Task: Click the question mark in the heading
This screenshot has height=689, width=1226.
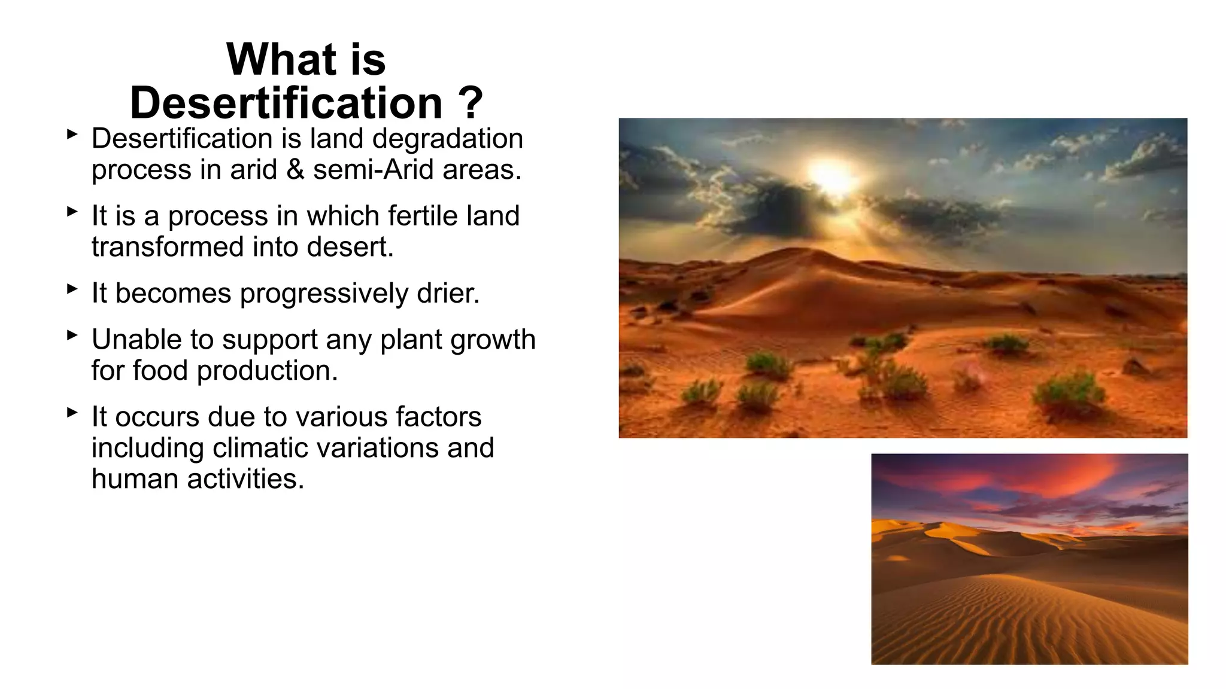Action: click(x=472, y=103)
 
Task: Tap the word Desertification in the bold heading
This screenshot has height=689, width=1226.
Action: click(x=286, y=103)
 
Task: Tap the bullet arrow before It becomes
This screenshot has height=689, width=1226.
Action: click(x=72, y=289)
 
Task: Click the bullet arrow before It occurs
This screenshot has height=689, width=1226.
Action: click(x=72, y=413)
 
